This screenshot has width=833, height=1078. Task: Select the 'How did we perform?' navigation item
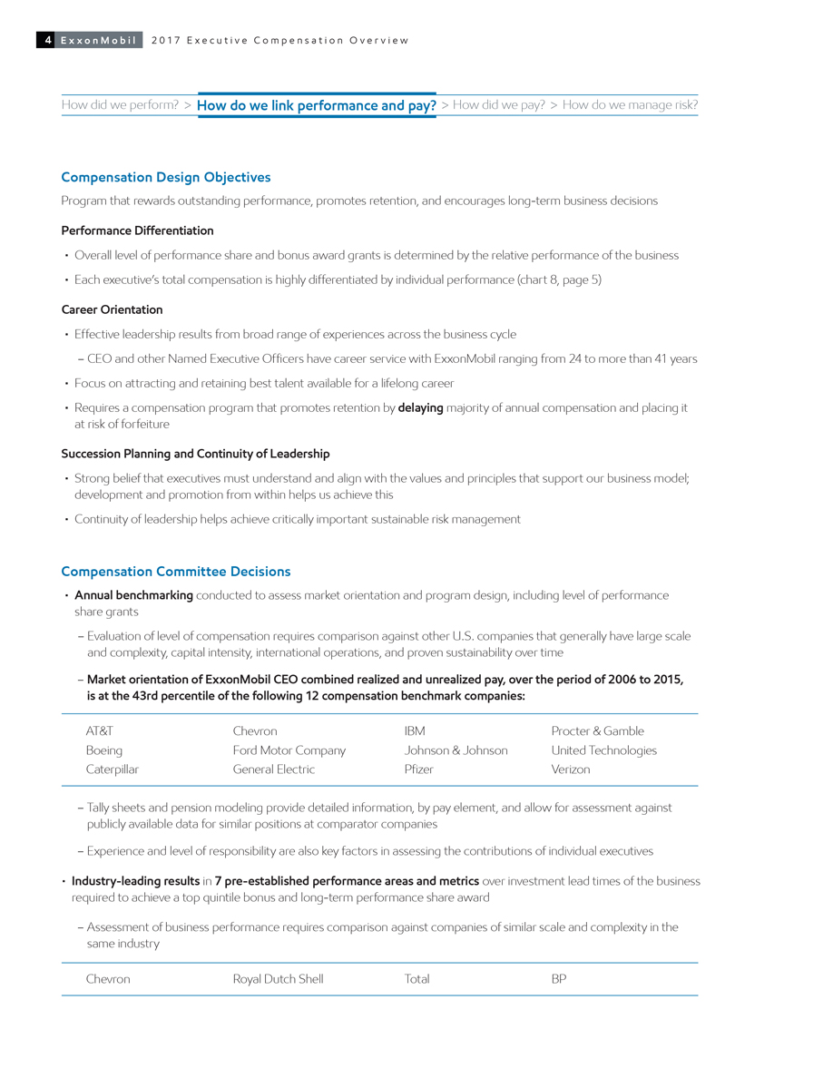120,105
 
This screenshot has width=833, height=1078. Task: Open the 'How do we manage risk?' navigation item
630,105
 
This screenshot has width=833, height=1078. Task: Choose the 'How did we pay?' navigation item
498,105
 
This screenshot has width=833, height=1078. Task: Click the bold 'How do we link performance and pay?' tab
317,106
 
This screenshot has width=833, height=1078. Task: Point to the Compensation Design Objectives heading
165,177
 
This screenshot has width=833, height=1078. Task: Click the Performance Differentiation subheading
137,230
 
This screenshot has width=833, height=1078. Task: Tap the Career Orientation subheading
112,309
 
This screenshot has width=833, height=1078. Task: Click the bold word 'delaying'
420,408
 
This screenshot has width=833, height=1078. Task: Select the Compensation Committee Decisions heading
175,572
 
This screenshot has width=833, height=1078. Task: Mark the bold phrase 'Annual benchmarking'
133,595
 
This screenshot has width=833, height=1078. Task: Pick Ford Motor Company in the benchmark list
289,750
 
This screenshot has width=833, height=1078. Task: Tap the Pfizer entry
418,769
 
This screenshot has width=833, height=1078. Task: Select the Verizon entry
571,769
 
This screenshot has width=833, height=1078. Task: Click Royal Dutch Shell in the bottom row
278,979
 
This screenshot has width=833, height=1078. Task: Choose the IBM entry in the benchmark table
415,731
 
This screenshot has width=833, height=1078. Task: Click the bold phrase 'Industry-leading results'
135,881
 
